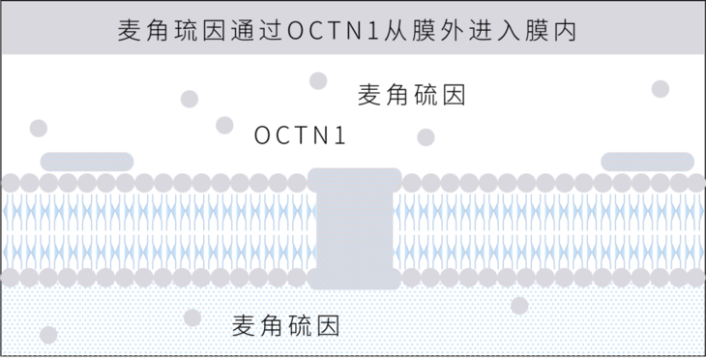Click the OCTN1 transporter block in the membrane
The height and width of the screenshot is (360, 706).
[x=354, y=228]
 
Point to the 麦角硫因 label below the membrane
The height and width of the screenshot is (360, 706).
[x=287, y=326]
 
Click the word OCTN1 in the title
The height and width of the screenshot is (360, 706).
[x=336, y=30]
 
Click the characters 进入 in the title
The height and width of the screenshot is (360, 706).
[x=494, y=30]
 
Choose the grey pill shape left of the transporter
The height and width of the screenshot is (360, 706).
[x=87, y=161]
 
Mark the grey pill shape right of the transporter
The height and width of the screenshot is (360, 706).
[x=648, y=161]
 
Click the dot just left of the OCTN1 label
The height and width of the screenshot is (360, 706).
[x=224, y=124]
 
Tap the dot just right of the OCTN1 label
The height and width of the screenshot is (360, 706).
[x=426, y=137]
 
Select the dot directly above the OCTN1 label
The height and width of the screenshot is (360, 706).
[x=316, y=80]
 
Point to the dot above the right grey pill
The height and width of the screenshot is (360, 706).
[x=661, y=89]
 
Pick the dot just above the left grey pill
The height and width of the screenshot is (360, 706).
[x=39, y=128]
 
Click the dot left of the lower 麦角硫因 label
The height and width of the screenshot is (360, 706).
[x=191, y=317]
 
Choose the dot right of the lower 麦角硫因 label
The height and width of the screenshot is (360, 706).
[x=519, y=306]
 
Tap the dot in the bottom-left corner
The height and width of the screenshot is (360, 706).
[x=48, y=335]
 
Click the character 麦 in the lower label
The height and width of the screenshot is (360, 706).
[x=246, y=326]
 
